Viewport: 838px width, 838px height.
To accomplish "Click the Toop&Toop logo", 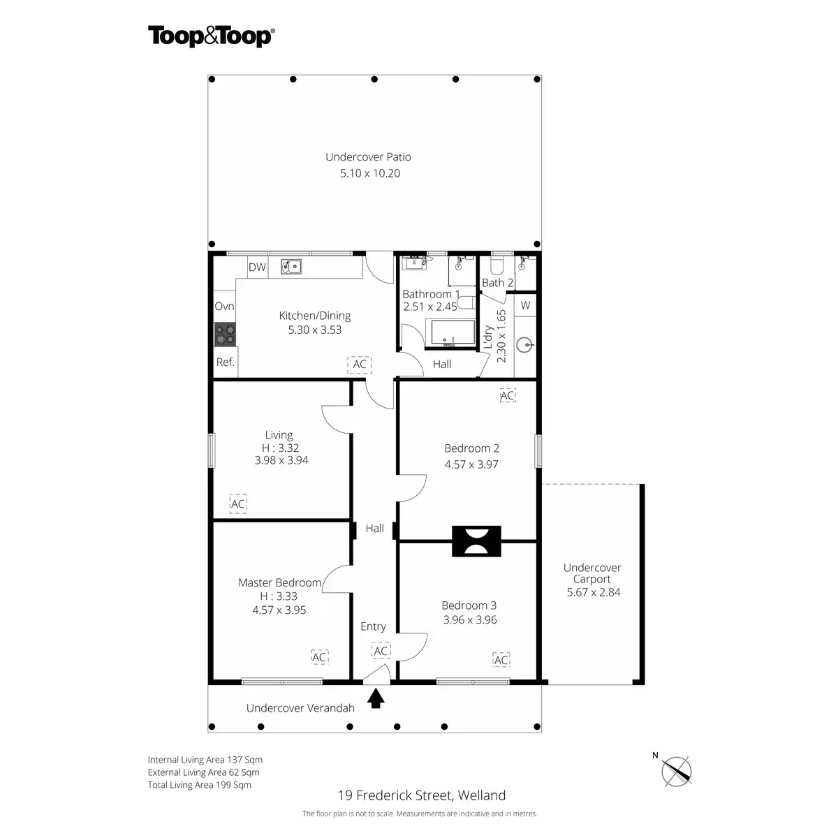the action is [x=212, y=36].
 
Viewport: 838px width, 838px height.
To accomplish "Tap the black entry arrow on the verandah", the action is [x=376, y=698].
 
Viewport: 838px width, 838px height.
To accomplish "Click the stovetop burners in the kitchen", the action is [x=225, y=335].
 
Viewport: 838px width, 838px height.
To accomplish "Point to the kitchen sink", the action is [x=291, y=267].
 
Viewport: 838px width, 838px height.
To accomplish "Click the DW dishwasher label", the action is [x=257, y=267].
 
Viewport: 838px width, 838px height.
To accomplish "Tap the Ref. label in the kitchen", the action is [x=226, y=362].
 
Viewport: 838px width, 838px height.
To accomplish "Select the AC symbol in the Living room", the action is [x=238, y=503].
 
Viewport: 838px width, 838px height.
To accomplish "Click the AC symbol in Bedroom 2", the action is [x=508, y=395].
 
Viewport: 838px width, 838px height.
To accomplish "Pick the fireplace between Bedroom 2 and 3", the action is [x=476, y=541].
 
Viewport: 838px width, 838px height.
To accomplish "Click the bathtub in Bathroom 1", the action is [x=453, y=332].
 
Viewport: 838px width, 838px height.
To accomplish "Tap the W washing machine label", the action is [x=525, y=305].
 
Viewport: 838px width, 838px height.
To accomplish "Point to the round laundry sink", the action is [x=525, y=345].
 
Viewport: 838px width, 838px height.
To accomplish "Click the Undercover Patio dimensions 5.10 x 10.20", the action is [x=369, y=173].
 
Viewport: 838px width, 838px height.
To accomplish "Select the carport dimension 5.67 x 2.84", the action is [x=593, y=592].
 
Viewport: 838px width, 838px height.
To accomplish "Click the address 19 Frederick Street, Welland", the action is [x=421, y=795].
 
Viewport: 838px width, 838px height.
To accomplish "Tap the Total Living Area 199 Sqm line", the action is [x=199, y=784].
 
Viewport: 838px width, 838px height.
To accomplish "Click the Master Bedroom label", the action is [x=279, y=582].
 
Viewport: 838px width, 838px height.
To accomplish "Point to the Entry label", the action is [x=373, y=626].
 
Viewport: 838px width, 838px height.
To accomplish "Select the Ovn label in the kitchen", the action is [x=224, y=306].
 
